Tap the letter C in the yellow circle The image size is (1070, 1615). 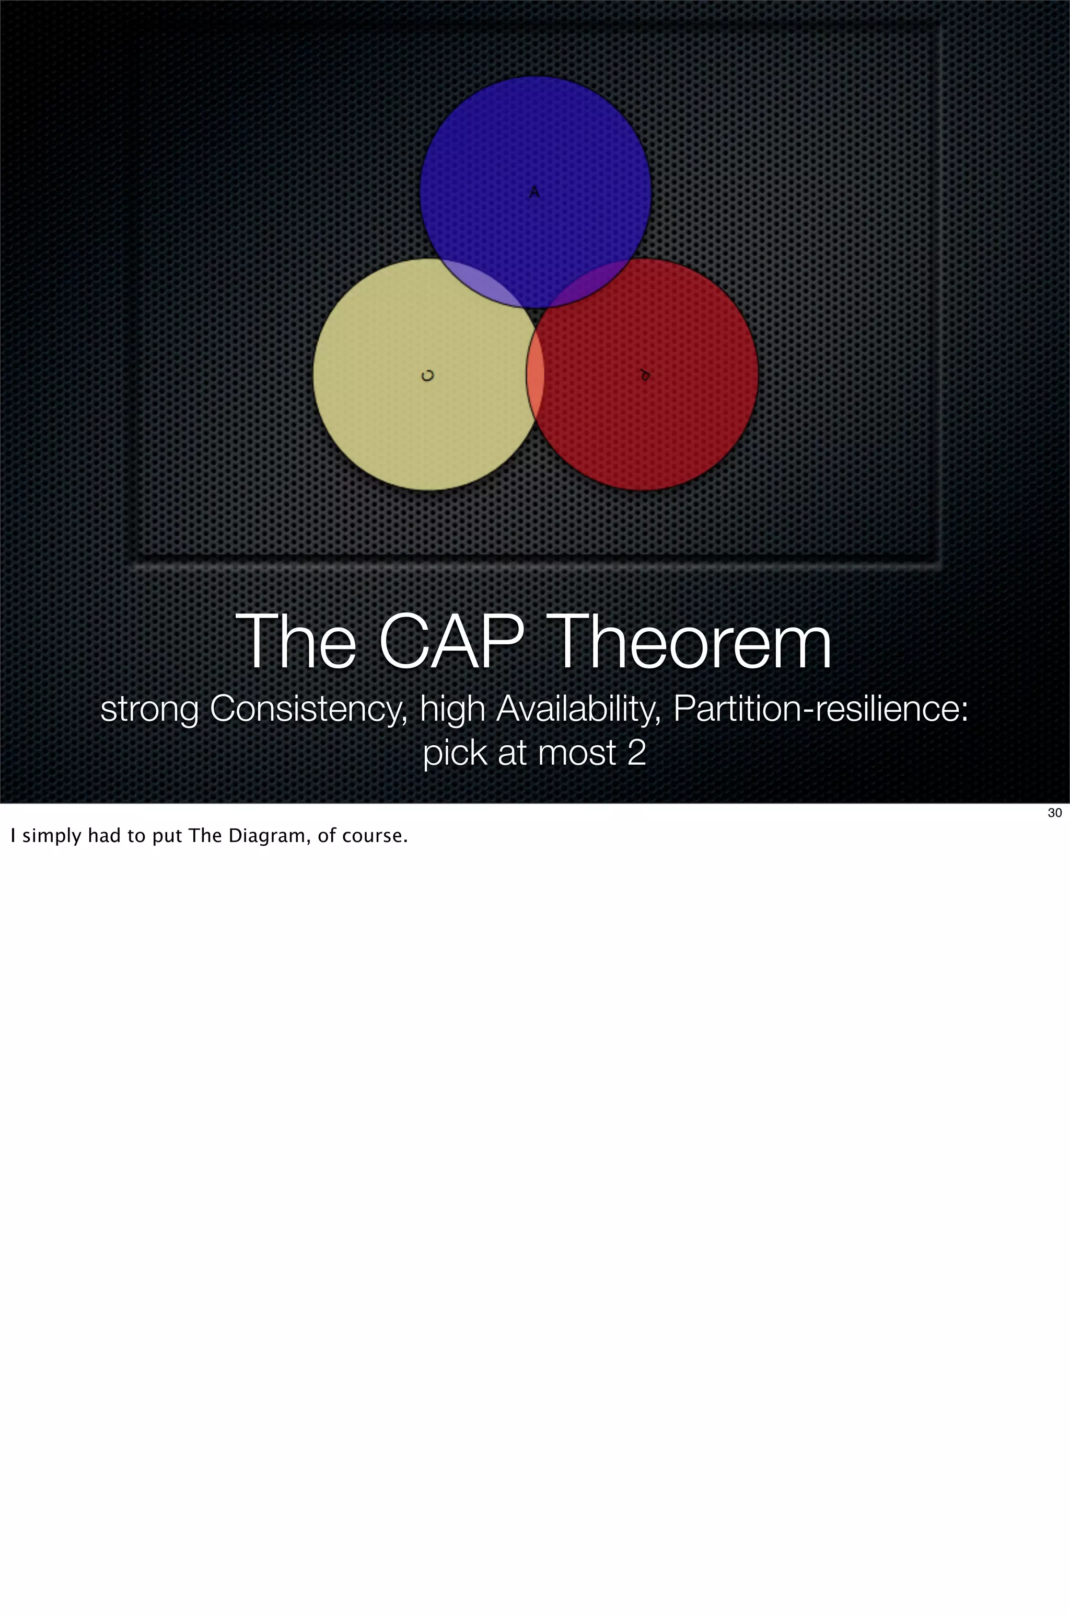(428, 376)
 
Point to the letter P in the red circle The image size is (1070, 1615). (644, 375)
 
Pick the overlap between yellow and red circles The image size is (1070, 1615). (536, 376)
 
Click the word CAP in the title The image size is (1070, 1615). (452, 642)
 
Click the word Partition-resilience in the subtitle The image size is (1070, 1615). (820, 709)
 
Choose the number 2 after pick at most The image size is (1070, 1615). (636, 753)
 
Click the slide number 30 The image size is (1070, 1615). (1054, 813)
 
